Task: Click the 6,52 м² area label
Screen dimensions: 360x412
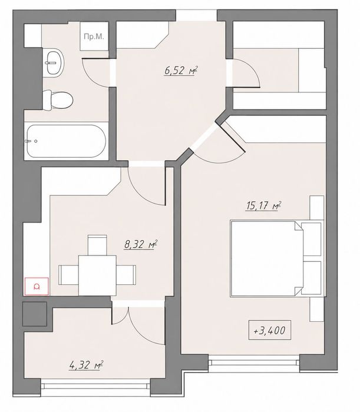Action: pos(181,71)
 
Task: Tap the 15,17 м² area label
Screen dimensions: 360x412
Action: pos(263,206)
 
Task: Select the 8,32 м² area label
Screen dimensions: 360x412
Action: pos(141,244)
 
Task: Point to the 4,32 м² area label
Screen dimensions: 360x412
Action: pos(86,365)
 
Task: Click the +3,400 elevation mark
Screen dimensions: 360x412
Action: pos(269,330)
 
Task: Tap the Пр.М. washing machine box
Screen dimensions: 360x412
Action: pos(94,36)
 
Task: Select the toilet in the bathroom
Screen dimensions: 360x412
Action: pos(58,100)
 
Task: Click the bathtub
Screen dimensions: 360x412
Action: pos(67,141)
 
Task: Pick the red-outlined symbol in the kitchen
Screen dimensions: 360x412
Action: pos(37,287)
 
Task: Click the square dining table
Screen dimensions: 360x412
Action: pos(97,275)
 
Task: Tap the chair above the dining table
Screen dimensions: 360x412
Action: pos(97,245)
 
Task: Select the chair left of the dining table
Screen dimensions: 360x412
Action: pos(68,275)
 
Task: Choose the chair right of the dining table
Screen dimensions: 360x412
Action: pos(126,275)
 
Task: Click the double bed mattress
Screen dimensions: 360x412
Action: pos(266,258)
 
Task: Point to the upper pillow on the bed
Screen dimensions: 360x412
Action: pos(312,240)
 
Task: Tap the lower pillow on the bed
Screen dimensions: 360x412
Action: pos(312,278)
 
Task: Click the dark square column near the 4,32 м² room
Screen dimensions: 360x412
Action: pos(35,314)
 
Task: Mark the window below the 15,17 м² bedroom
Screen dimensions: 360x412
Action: pos(254,363)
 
